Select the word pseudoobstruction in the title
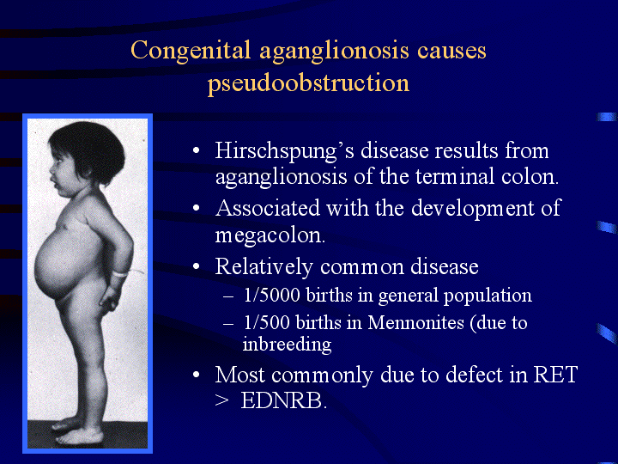pyautogui.click(x=308, y=83)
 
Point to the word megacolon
pyautogui.click(x=270, y=236)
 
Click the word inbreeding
pyautogui.click(x=287, y=344)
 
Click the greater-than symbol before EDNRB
pyautogui.click(x=222, y=401)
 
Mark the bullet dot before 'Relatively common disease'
pyautogui.click(x=196, y=266)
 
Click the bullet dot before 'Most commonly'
pyautogui.click(x=196, y=375)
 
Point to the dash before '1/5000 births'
pyautogui.click(x=228, y=296)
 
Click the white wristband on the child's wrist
pyautogui.click(x=121, y=273)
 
